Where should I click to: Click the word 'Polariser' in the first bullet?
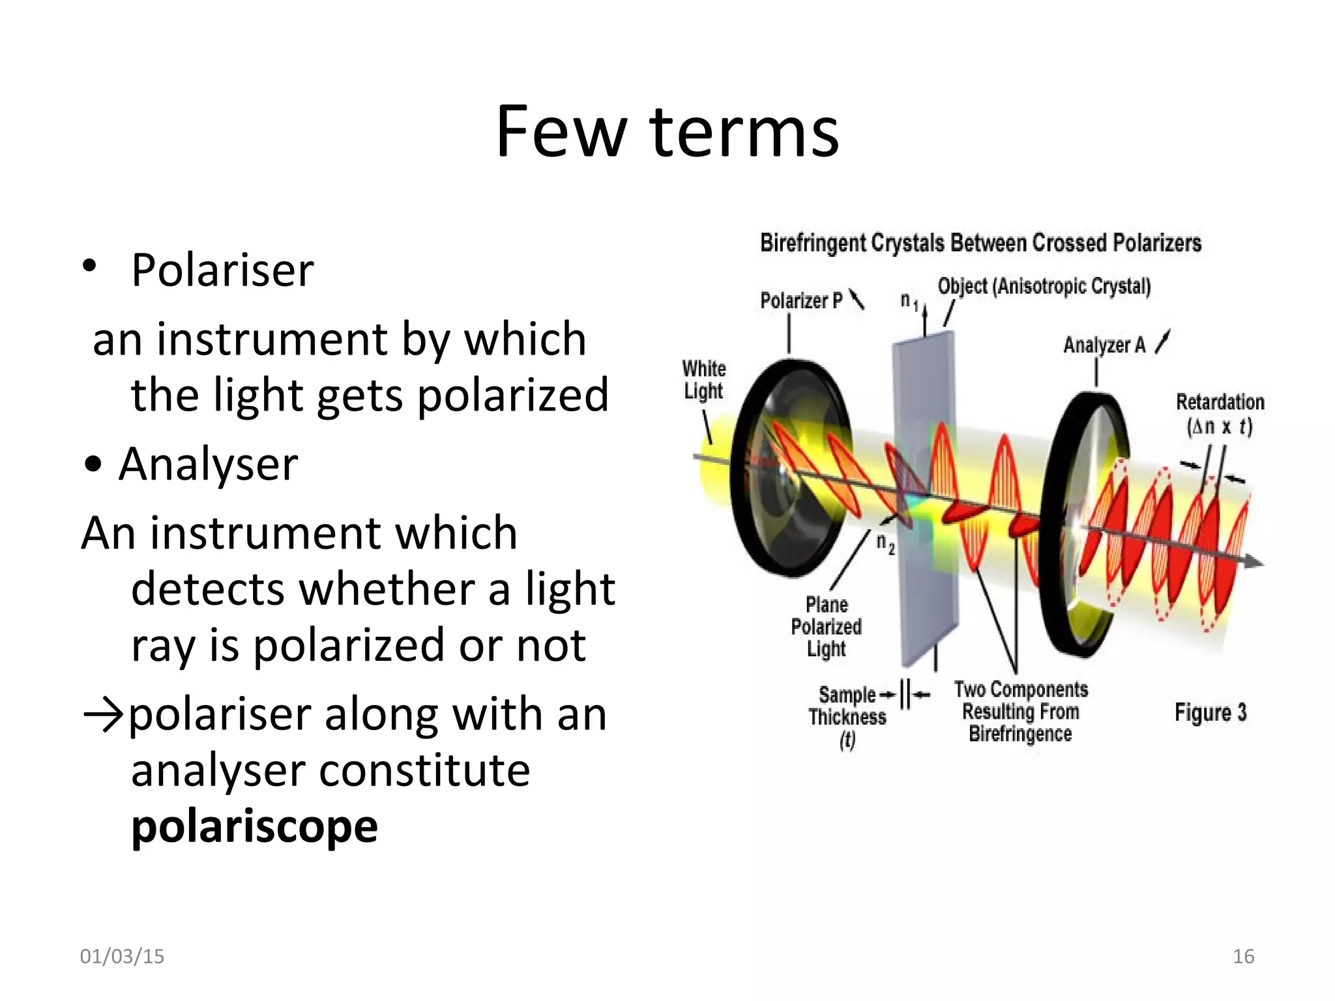(222, 270)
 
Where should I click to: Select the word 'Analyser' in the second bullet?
(209, 464)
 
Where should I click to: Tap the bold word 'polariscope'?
(254, 826)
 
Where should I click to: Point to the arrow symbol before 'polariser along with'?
(103, 715)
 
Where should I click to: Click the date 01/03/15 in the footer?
(122, 956)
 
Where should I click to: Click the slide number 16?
(1243, 956)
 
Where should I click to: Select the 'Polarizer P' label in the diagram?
(801, 300)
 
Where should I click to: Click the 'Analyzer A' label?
(1104, 345)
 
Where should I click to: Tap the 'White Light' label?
(704, 379)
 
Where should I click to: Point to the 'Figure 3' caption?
(1210, 712)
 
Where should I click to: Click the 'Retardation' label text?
(1220, 402)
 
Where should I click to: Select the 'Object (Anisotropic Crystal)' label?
(1044, 286)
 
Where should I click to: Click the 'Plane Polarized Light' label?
(826, 626)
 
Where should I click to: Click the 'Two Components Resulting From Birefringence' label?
(1021, 711)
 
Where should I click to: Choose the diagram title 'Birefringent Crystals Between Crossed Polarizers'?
(980, 243)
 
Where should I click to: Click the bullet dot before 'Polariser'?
(89, 265)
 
